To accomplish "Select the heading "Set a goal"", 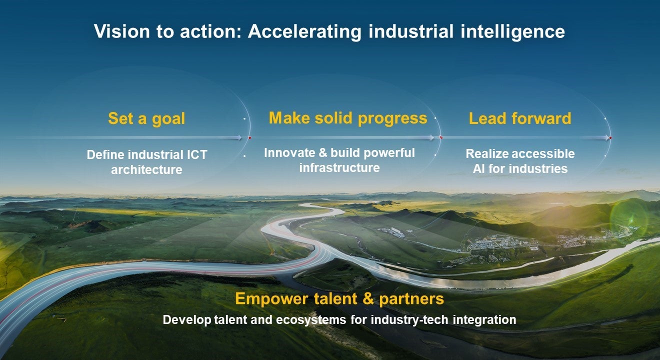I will pos(146,119).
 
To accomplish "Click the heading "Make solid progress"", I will pos(348,118).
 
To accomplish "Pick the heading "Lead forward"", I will pos(520,119).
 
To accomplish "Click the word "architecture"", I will pos(146,170).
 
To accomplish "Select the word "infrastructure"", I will pos(339,168).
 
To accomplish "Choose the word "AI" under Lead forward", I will pos(479,169).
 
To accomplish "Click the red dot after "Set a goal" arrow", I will pos(249,137).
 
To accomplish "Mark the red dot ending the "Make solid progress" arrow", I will pos(440,137).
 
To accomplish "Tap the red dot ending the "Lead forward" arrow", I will pos(610,137).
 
